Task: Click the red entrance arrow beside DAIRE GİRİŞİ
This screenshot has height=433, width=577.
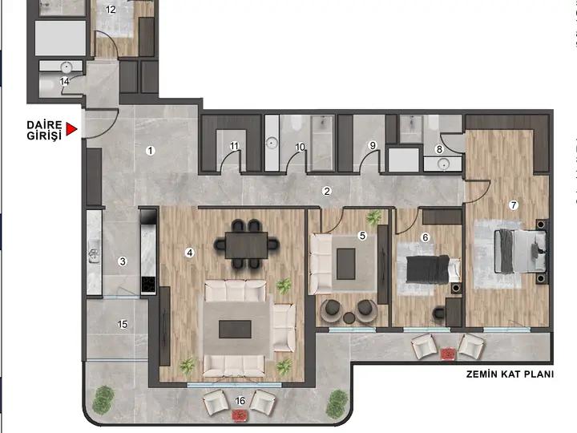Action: click(x=71, y=129)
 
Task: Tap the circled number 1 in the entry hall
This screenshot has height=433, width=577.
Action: click(x=150, y=151)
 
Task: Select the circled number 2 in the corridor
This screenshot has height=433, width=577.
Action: click(x=326, y=191)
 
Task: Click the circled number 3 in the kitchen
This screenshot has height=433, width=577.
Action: click(x=123, y=261)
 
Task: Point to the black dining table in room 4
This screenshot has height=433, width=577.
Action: click(x=246, y=245)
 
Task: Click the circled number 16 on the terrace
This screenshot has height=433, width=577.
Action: click(x=240, y=401)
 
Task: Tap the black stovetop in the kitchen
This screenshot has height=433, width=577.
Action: click(x=148, y=284)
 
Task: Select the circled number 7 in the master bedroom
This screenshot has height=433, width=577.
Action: click(x=514, y=205)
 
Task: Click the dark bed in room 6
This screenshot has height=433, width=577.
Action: click(x=428, y=270)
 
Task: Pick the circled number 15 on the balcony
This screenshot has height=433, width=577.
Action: click(x=123, y=324)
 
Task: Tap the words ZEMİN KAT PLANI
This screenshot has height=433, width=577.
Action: click(x=510, y=374)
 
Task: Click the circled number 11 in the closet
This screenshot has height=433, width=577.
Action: click(x=234, y=146)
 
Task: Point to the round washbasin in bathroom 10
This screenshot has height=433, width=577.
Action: click(x=272, y=143)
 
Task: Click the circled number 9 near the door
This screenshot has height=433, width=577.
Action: click(x=373, y=145)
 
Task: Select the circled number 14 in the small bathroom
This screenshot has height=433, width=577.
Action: click(x=64, y=81)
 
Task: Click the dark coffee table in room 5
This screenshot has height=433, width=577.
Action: click(x=346, y=264)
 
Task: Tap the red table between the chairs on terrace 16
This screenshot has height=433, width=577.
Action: click(x=240, y=416)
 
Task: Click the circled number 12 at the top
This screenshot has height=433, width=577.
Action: click(x=111, y=10)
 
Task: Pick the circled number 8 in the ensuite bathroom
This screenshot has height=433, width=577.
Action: click(x=438, y=149)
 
